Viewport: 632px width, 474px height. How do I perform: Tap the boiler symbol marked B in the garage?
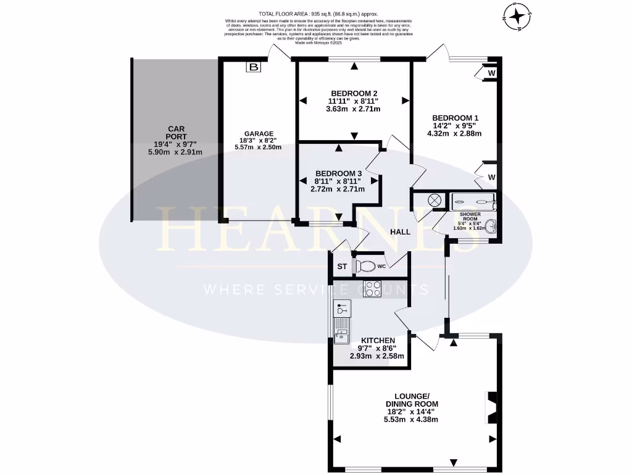click(254, 67)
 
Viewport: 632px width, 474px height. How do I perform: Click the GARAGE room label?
click(259, 133)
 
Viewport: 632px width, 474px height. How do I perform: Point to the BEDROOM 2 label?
click(353, 93)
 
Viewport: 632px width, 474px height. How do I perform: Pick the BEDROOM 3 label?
click(338, 173)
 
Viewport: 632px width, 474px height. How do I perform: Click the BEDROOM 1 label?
click(455, 118)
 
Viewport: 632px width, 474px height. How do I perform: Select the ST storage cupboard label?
click(341, 267)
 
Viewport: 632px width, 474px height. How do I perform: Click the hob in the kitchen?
click(372, 288)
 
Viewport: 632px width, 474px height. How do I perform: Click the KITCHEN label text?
click(378, 341)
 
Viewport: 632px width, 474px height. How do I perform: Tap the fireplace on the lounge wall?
click(492, 405)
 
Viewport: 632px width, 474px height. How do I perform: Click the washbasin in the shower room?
click(491, 227)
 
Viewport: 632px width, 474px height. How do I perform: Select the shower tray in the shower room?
click(473, 199)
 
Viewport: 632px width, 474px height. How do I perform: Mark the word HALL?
click(400, 231)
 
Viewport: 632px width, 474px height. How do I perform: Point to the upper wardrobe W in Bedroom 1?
click(491, 73)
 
